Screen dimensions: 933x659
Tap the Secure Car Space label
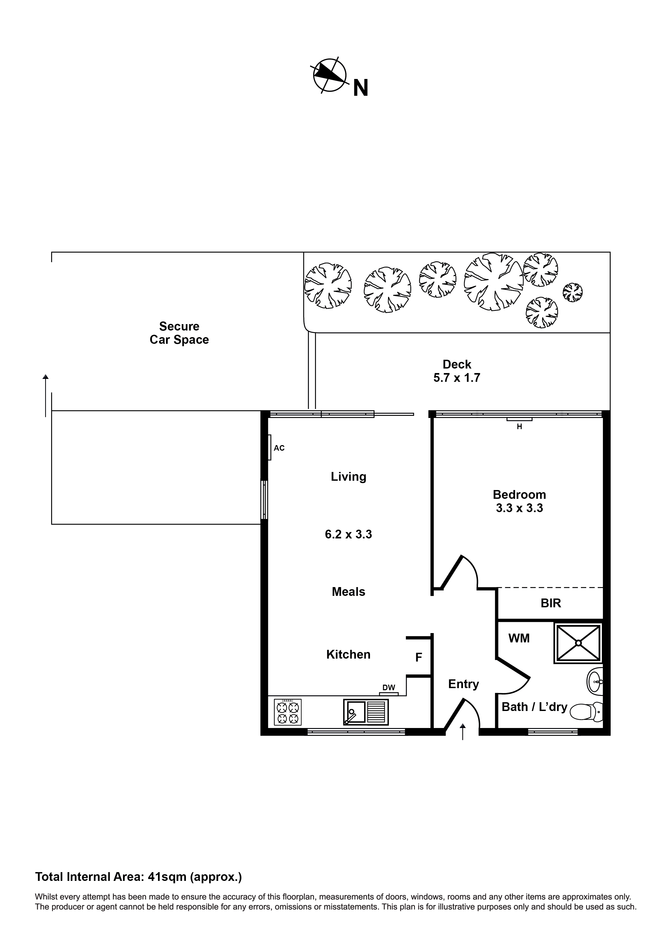click(179, 333)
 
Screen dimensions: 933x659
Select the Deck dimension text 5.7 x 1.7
click(457, 378)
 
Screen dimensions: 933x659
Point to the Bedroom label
click(519, 495)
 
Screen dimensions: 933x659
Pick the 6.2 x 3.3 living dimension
click(348, 534)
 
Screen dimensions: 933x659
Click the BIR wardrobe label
click(551, 603)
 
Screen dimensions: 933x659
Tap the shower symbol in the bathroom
click(578, 643)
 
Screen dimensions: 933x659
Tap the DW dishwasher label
click(389, 688)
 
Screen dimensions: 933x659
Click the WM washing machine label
click(519, 638)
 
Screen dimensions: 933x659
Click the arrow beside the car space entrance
click(45, 395)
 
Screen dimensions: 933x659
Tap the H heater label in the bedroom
click(519, 427)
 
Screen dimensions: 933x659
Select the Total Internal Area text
click(138, 877)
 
